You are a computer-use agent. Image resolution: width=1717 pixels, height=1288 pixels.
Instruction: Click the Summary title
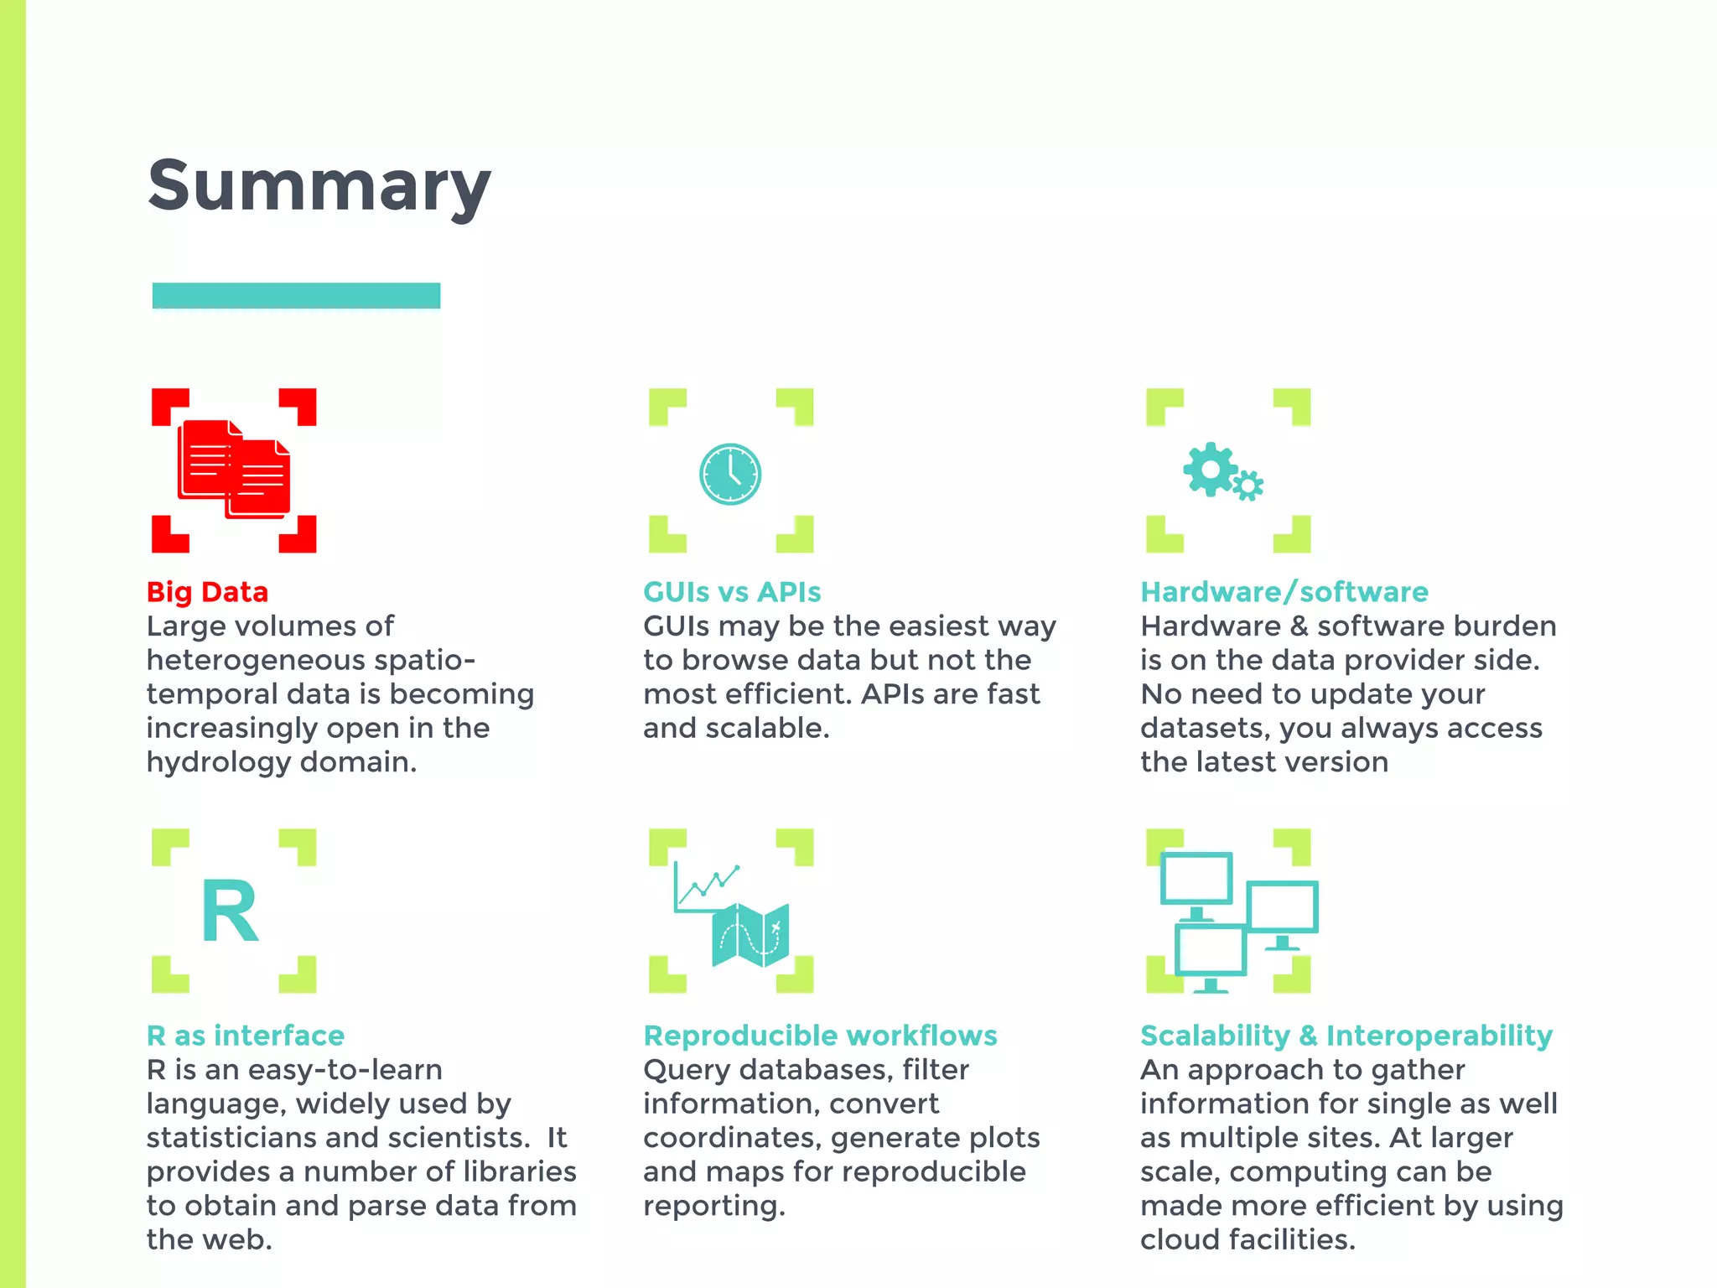point(319,186)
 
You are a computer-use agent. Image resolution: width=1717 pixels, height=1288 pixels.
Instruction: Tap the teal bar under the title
point(296,295)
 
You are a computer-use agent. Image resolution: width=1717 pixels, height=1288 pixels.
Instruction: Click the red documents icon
point(234,470)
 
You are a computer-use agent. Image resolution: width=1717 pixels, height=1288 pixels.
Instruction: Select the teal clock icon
point(730,474)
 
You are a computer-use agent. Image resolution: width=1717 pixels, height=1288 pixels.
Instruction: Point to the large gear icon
point(1210,469)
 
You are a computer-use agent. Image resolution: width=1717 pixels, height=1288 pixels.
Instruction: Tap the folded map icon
point(750,934)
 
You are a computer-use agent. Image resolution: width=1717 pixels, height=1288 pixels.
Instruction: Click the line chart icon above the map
point(707,887)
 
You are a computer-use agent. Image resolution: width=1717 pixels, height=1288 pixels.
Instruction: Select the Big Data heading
point(207,592)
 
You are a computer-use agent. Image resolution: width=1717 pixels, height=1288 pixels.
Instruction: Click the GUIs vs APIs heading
point(732,592)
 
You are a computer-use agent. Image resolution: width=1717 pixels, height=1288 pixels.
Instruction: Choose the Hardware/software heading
point(1284,592)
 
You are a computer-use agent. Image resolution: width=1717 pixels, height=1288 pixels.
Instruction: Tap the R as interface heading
point(245,1036)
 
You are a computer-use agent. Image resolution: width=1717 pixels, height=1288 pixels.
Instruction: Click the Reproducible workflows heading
point(820,1036)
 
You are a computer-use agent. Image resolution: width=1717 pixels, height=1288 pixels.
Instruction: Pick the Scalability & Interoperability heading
point(1346,1036)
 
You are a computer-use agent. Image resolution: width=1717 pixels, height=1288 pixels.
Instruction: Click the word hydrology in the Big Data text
point(219,762)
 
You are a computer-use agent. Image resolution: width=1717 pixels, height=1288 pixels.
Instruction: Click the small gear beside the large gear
point(1248,486)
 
